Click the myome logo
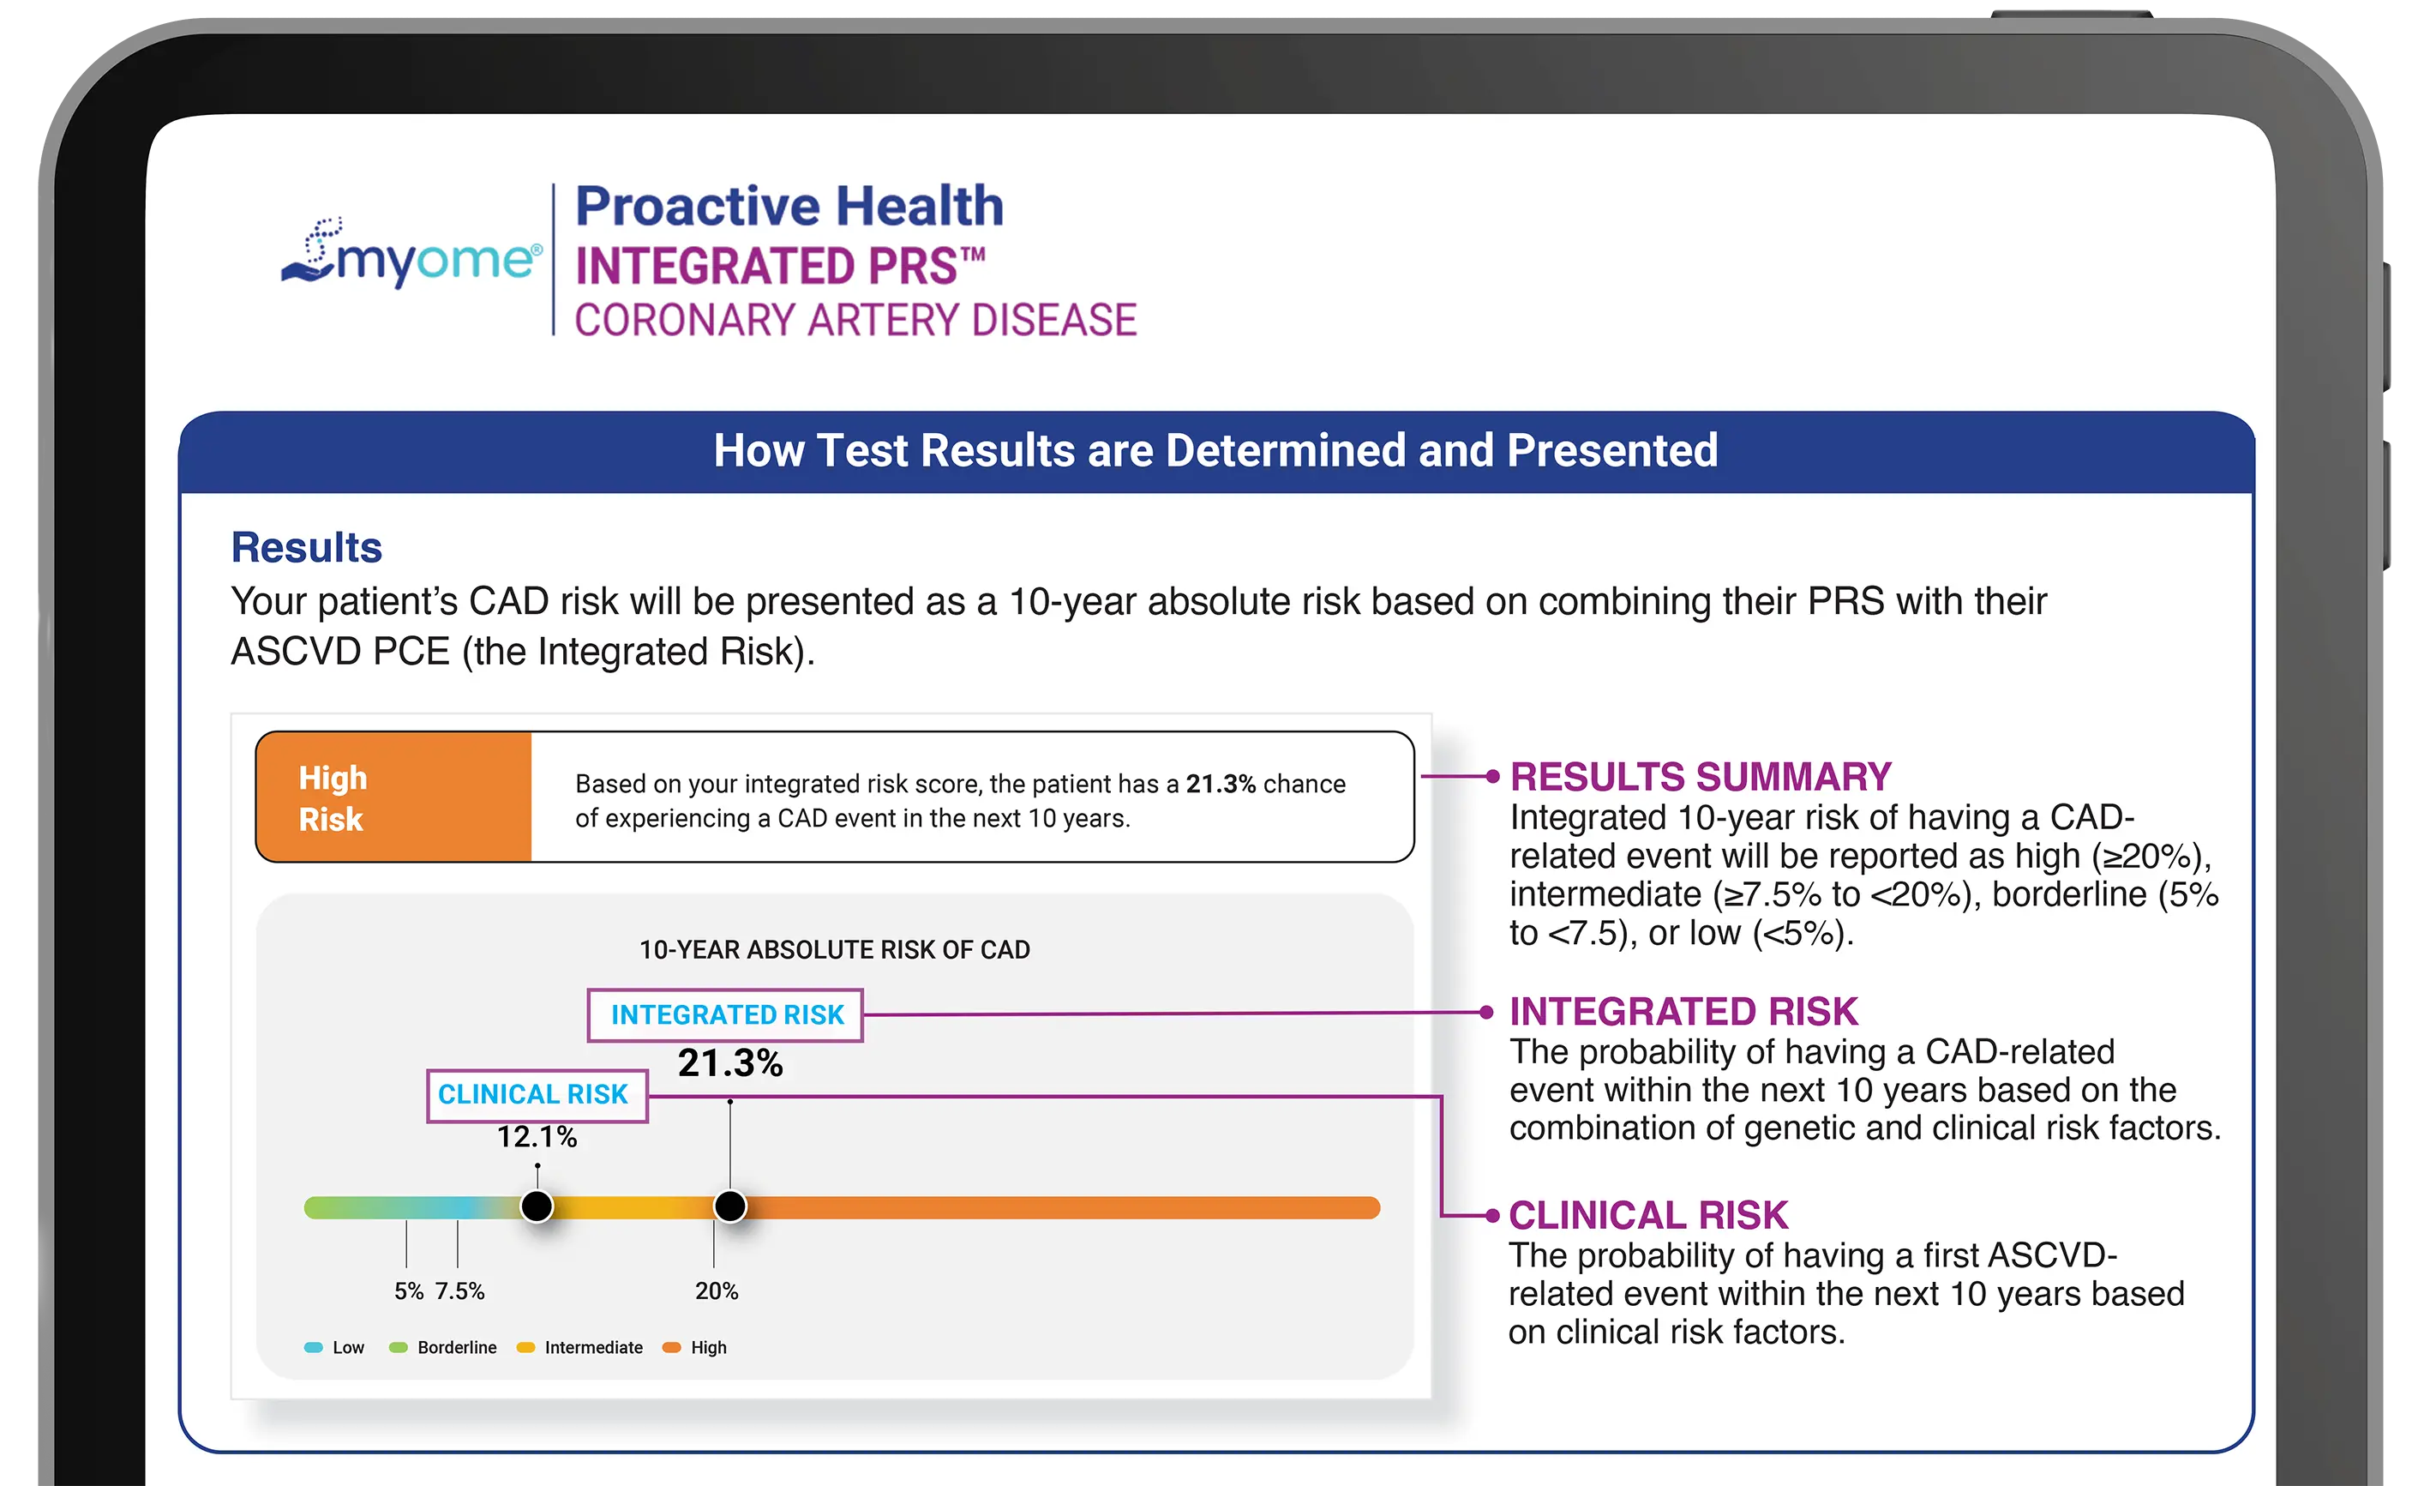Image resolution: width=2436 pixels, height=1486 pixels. click(411, 255)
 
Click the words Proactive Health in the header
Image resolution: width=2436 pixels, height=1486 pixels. click(789, 207)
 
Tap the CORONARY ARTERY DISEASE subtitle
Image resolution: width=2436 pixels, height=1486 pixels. click(855, 321)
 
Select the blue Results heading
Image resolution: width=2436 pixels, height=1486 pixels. click(307, 548)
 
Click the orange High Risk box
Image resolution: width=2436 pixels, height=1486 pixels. click(393, 797)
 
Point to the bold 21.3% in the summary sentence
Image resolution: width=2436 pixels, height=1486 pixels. click(1220, 784)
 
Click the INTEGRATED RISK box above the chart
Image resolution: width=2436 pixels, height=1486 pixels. click(726, 1015)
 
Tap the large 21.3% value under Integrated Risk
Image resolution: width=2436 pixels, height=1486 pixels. click(729, 1064)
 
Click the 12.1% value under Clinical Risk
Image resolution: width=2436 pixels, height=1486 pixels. click(537, 1137)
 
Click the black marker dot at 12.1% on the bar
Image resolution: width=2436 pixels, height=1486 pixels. click(537, 1206)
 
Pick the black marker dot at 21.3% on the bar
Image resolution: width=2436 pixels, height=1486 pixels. click(729, 1206)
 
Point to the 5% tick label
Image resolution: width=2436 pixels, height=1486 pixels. click(408, 1291)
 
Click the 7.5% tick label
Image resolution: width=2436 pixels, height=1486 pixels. click(459, 1291)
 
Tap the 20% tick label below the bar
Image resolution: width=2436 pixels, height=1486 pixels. click(716, 1291)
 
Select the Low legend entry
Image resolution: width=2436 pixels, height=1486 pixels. click(336, 1348)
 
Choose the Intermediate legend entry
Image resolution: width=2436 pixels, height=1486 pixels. click(581, 1348)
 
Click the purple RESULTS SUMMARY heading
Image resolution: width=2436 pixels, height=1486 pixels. click(1701, 777)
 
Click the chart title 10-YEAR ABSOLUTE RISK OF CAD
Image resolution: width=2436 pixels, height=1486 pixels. click(834, 950)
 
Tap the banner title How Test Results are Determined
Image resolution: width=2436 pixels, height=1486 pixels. click(1216, 451)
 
